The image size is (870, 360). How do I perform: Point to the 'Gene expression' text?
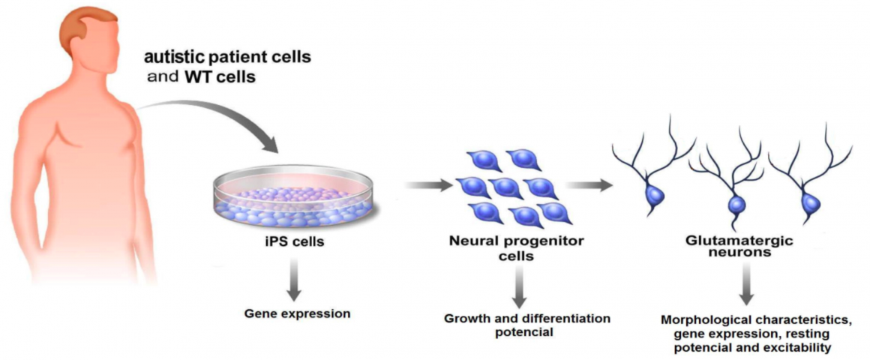(298, 313)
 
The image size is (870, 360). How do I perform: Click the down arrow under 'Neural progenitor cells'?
(519, 286)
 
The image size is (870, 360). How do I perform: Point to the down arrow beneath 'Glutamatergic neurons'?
(746, 283)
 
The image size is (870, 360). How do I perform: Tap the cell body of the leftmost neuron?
(653, 195)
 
